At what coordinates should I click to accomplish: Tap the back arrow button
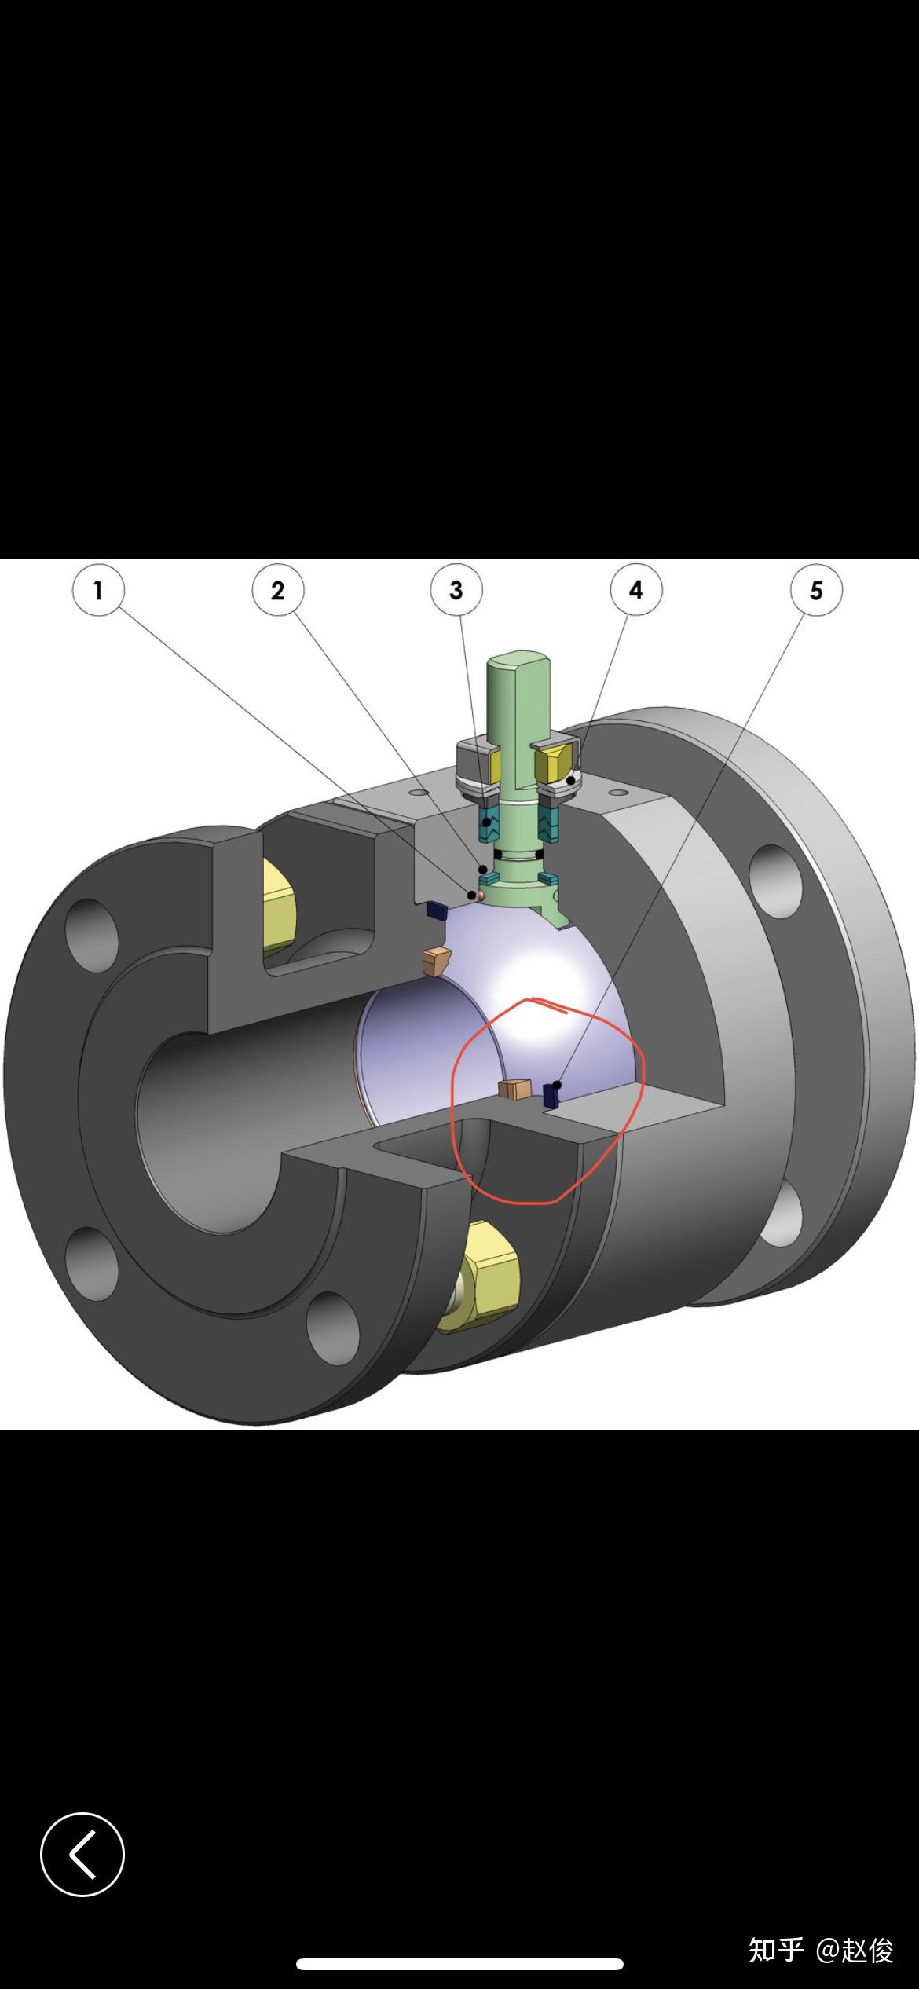(82, 1854)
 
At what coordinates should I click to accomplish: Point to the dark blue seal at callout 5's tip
(553, 1094)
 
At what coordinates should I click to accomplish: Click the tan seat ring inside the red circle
(515, 1089)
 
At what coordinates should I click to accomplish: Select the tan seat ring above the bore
(436, 961)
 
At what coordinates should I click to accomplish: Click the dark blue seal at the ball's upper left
(436, 910)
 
